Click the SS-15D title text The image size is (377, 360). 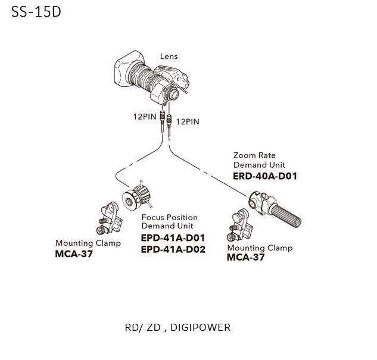pyautogui.click(x=36, y=12)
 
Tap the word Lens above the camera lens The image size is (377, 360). pyautogui.click(x=169, y=57)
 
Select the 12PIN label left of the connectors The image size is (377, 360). pyautogui.click(x=144, y=117)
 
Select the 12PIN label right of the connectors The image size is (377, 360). pyautogui.click(x=188, y=121)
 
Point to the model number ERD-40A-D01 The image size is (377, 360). pyautogui.click(x=265, y=176)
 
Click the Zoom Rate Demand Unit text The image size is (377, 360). pyautogui.click(x=259, y=160)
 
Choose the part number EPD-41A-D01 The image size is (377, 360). pyautogui.click(x=173, y=238)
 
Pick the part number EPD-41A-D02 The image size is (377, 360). pyautogui.click(x=173, y=249)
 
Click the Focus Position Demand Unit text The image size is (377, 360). pyautogui.click(x=169, y=221)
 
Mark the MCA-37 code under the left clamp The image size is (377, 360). pyautogui.click(x=74, y=254)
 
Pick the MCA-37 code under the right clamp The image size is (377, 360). pyautogui.click(x=246, y=258)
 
